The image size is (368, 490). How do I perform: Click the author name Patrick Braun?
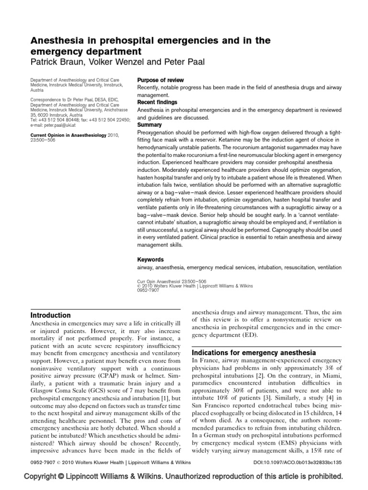coord(58,62)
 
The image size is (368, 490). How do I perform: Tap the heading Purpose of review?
coord(160,80)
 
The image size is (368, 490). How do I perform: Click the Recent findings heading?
coord(157,102)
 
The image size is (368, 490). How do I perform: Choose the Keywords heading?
coord(150,259)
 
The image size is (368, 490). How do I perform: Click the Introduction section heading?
coord(50,315)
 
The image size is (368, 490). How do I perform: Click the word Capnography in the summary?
coord(286,229)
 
